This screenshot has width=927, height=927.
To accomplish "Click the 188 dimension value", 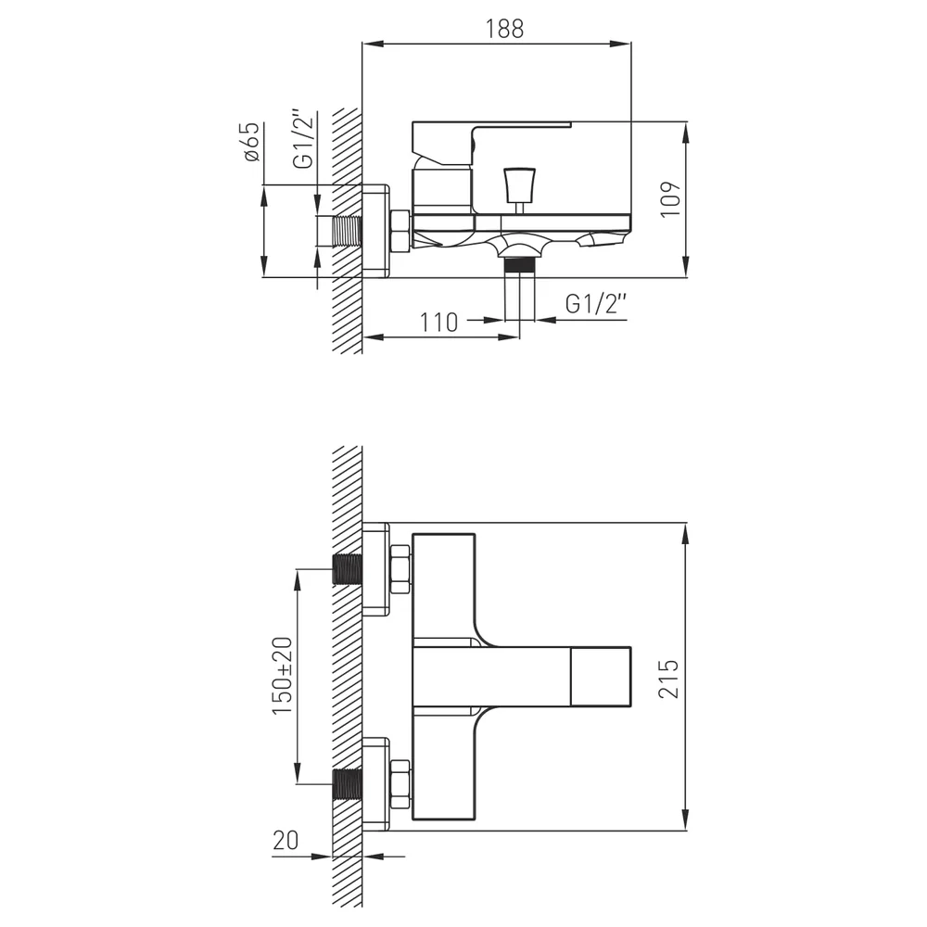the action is coord(504,29).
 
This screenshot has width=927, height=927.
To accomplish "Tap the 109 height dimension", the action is coord(670,200).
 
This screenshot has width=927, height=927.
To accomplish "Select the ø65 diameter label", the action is coord(250,142).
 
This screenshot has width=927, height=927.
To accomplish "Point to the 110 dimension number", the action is coord(438,323).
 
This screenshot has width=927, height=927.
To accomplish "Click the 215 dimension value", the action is coord(668,679).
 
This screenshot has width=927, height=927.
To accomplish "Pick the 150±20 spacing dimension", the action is coord(282,676).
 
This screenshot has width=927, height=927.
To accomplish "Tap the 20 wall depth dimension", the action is coord(286,840).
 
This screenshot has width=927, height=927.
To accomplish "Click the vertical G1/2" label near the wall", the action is coord(303,138).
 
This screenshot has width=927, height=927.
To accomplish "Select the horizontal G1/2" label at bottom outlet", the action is coord(595,304).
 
